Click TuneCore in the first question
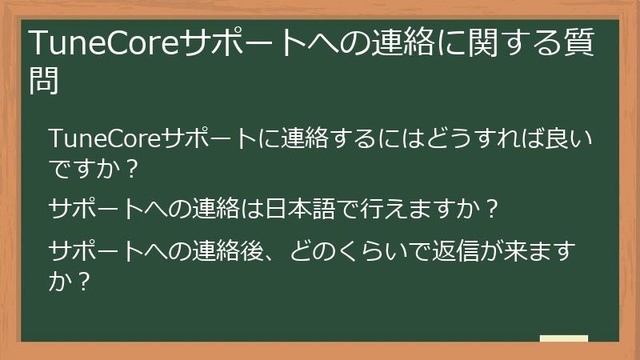tap(104, 140)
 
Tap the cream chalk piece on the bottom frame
tap(563, 338)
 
